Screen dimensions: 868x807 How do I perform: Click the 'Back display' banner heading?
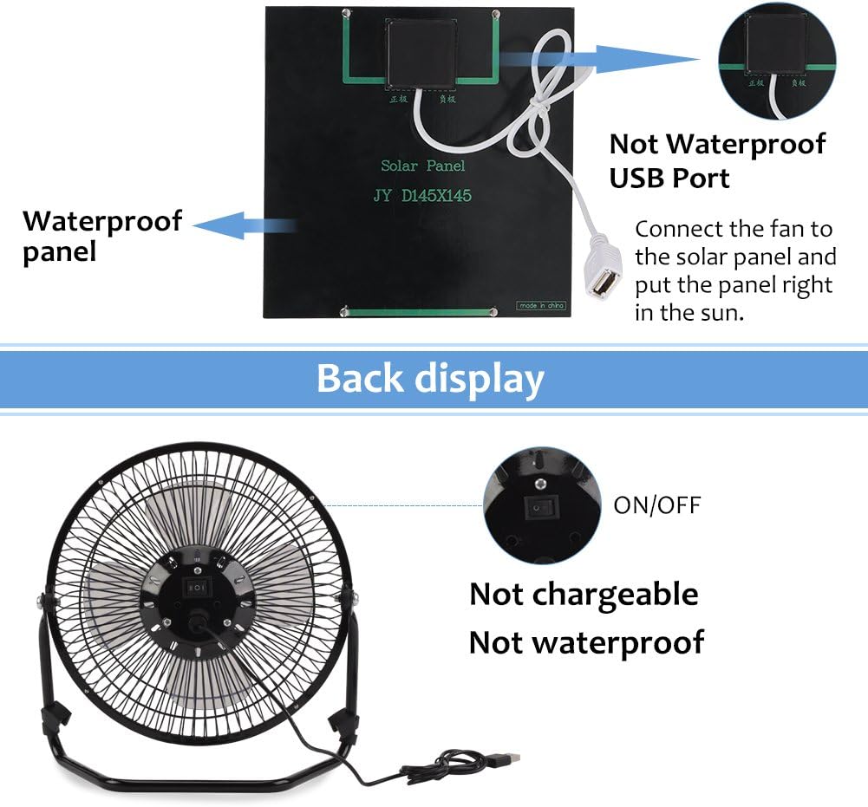[430, 379]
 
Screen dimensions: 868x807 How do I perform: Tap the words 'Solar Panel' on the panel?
[423, 166]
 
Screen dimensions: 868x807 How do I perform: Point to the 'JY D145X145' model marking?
[422, 196]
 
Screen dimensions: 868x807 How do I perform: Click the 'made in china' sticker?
[541, 305]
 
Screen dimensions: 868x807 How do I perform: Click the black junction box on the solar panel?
[421, 54]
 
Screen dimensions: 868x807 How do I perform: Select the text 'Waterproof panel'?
[101, 235]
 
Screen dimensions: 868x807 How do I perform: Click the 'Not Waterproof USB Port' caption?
[717, 160]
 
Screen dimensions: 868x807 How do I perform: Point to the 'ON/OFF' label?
[656, 505]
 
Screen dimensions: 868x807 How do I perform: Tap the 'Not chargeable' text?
[584, 595]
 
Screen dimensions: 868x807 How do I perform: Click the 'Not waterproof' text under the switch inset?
[586, 643]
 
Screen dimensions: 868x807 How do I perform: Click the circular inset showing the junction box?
[777, 60]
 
